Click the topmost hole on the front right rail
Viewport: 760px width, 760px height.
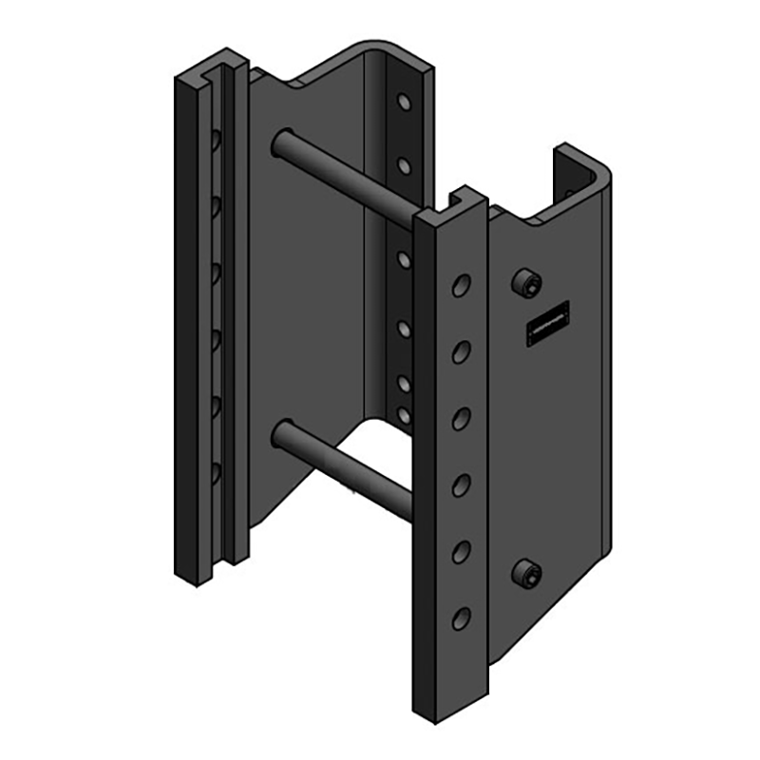462,285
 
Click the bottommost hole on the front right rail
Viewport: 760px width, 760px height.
462,618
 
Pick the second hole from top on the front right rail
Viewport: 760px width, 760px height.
462,352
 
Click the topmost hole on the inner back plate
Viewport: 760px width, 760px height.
405,101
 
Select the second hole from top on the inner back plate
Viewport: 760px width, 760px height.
405,166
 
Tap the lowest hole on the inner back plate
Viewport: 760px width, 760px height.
405,415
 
